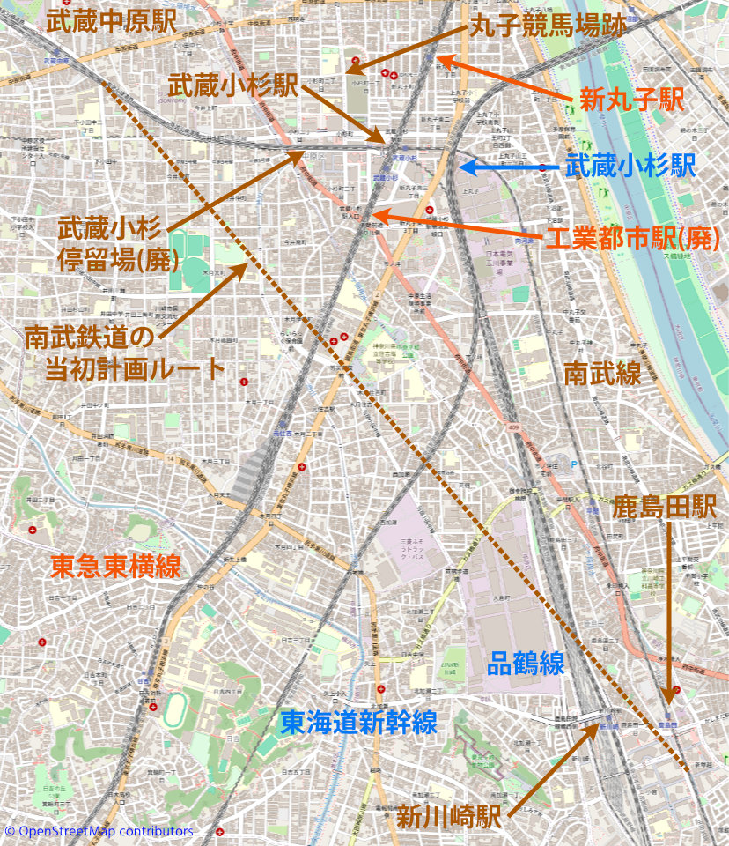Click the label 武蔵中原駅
tap(111, 22)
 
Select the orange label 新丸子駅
tap(631, 100)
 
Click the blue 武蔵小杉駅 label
tap(630, 166)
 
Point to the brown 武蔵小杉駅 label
tap(232, 85)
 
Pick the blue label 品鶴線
tap(526, 663)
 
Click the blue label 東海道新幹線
tap(358, 723)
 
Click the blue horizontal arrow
tap(507, 166)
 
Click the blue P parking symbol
tap(576, 464)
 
